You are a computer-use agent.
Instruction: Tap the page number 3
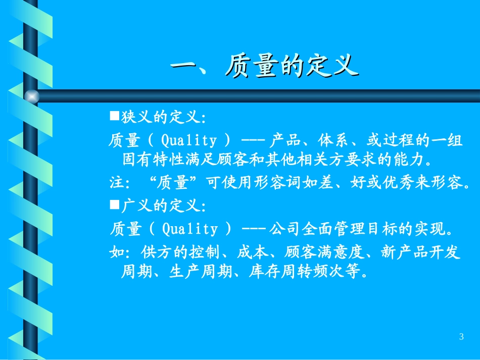point(461,337)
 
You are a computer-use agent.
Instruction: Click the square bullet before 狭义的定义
point(114,117)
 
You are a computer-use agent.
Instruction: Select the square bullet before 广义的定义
point(114,205)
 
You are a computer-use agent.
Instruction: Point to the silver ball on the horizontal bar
point(32,96)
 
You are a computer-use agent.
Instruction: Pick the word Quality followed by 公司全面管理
point(189,229)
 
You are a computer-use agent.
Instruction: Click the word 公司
point(284,229)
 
